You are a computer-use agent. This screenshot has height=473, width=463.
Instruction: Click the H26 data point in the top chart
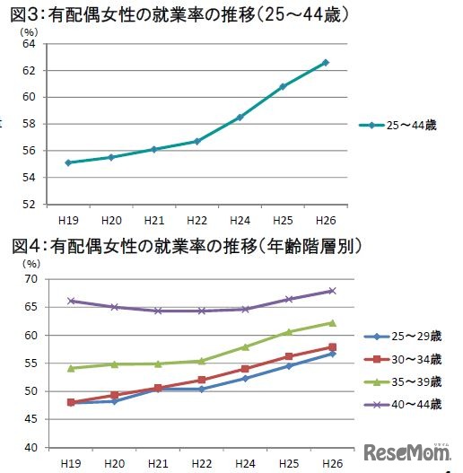pyautogui.click(x=325, y=63)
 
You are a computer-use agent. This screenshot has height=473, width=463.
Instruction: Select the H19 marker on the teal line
pyautogui.click(x=67, y=162)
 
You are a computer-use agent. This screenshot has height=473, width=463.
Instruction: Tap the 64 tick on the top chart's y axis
pyautogui.click(x=28, y=44)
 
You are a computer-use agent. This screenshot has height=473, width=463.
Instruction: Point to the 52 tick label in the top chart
pyautogui.click(x=28, y=204)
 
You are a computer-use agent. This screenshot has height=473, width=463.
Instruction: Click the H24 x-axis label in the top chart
pyautogui.click(x=240, y=218)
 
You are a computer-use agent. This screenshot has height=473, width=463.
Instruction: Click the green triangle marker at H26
pyautogui.click(x=332, y=323)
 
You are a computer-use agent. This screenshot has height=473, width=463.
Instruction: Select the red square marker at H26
pyautogui.click(x=332, y=347)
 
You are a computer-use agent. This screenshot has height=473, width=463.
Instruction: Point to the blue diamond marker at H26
pyautogui.click(x=332, y=354)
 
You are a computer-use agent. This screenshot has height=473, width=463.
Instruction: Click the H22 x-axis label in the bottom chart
pyautogui.click(x=202, y=462)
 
